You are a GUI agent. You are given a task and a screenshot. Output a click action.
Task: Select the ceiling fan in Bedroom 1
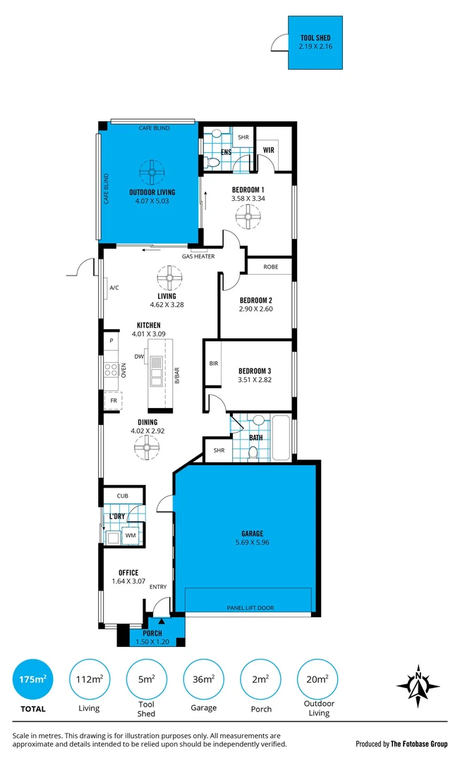click(248, 219)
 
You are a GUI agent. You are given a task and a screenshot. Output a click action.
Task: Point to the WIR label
click(268, 149)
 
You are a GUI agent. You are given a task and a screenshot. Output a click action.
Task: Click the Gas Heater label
click(198, 256)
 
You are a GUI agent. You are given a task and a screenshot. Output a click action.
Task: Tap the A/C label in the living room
click(114, 287)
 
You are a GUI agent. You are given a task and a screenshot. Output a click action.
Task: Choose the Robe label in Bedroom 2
click(271, 267)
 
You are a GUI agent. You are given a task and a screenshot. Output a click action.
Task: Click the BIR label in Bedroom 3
click(214, 364)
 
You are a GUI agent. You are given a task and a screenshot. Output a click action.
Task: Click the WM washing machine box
click(131, 536)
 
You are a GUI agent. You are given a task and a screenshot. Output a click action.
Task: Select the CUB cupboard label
click(123, 497)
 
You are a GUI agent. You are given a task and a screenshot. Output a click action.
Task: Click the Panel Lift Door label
click(250, 607)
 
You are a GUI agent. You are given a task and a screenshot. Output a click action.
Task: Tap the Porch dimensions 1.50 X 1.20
click(152, 642)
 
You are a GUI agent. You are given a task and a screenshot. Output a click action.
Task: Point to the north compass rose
click(418, 685)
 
